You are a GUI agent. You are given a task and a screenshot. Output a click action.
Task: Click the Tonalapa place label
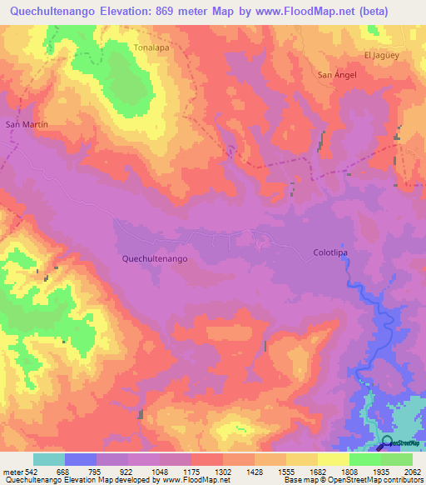point(151,48)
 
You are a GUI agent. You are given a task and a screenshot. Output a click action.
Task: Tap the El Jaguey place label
point(382,55)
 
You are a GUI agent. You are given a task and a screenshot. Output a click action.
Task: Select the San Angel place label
point(338,75)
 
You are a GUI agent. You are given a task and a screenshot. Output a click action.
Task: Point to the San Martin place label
point(27,124)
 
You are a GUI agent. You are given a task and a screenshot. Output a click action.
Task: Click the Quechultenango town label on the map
point(154,259)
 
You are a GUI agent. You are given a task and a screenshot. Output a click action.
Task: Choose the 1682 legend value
point(318,471)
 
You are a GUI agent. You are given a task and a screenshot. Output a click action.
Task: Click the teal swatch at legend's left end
point(48,459)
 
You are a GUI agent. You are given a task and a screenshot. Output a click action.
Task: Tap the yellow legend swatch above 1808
point(334,459)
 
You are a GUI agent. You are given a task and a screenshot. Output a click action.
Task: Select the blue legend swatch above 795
point(81,459)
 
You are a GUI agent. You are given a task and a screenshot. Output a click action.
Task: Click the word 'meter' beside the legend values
point(13,471)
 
